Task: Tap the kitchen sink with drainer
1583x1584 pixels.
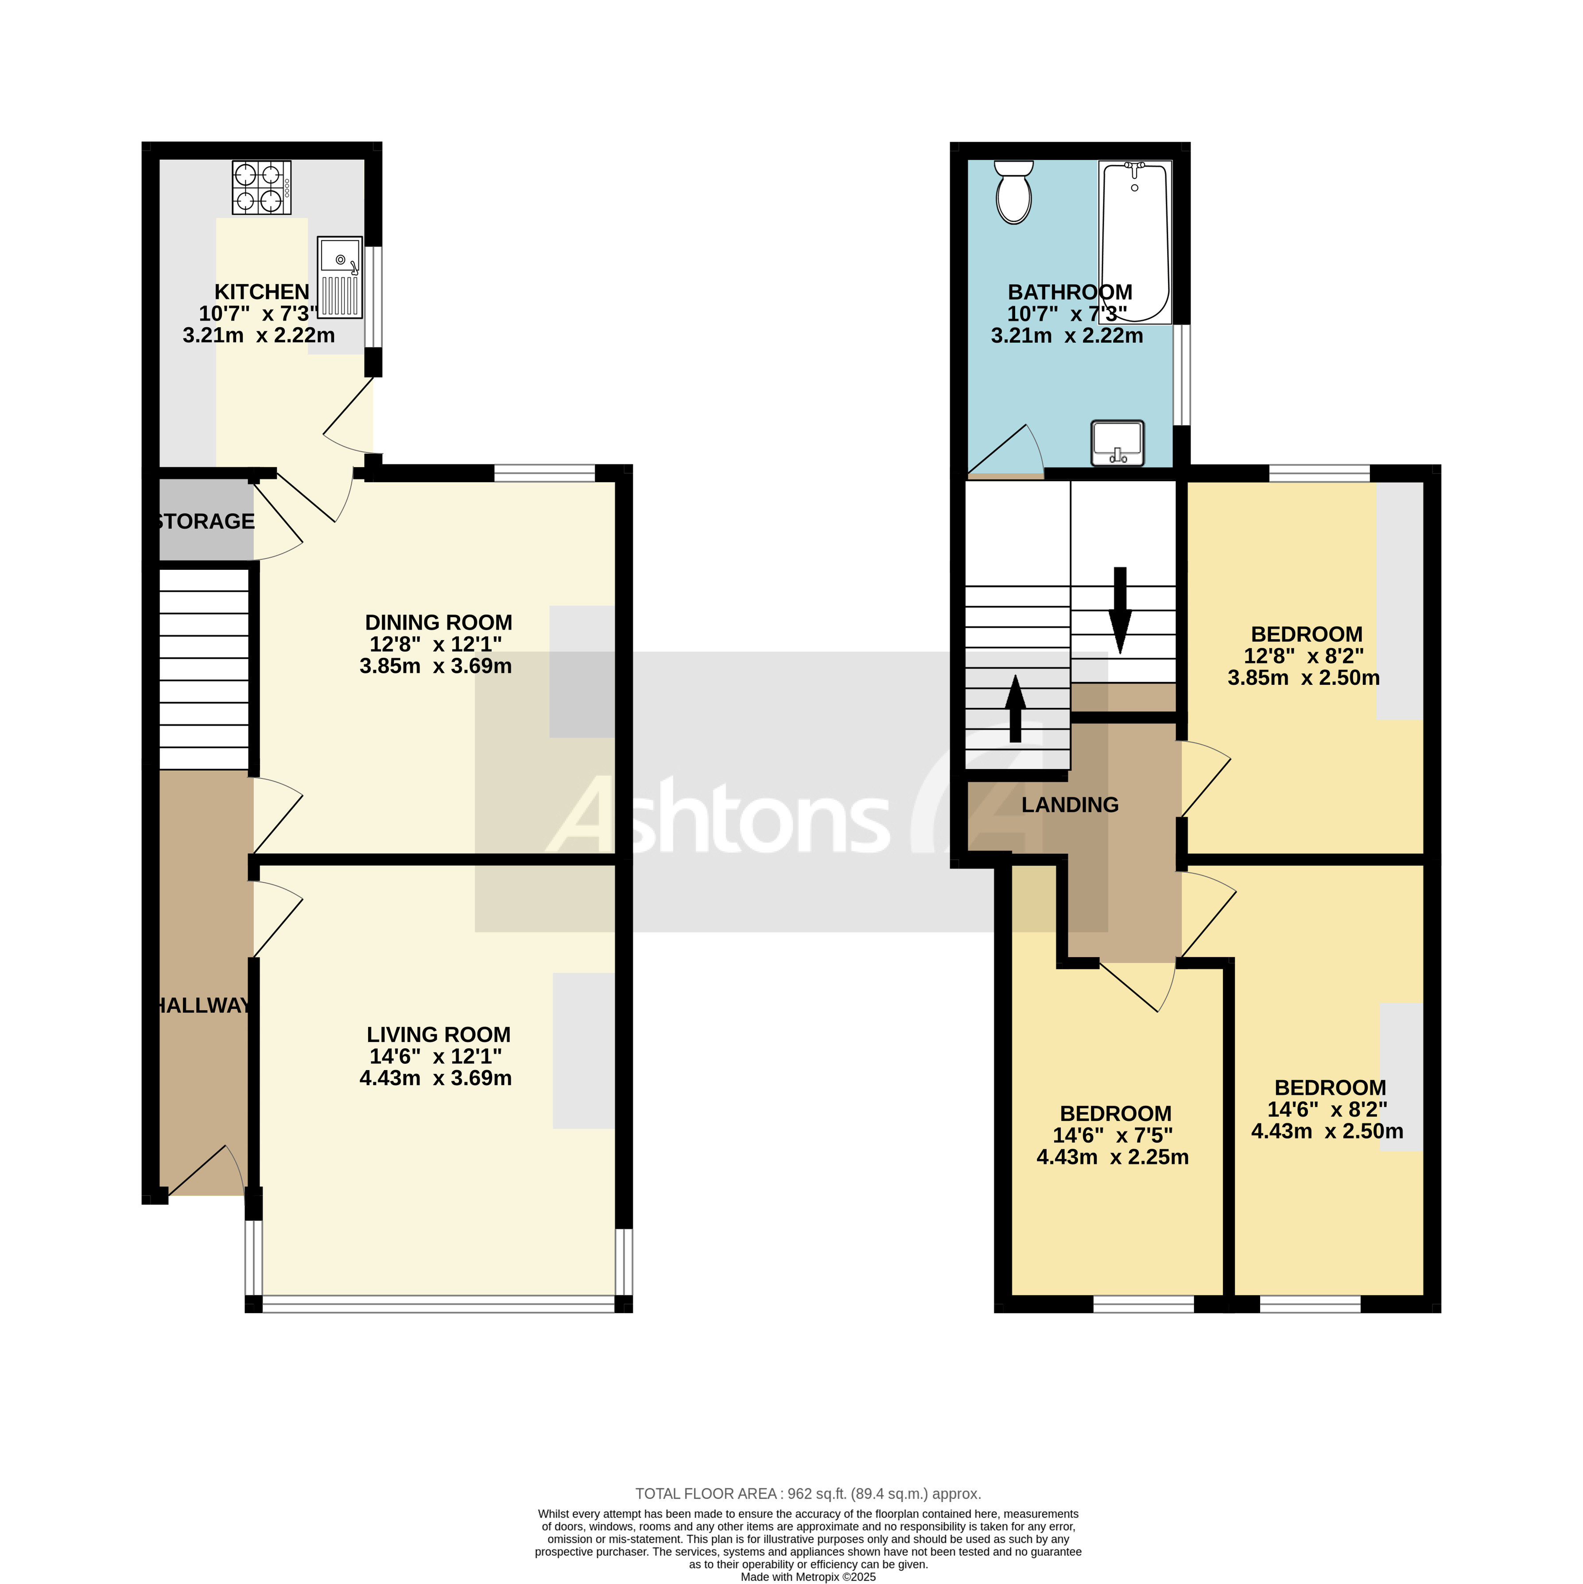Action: (340, 277)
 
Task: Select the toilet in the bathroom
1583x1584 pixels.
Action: (1014, 192)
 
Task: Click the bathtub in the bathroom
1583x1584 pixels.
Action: (1135, 242)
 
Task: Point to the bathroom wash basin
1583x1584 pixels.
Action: (1117, 443)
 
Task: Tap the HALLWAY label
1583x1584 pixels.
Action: (203, 1006)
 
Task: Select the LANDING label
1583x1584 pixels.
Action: (1070, 805)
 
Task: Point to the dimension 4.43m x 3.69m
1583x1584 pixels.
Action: (435, 1078)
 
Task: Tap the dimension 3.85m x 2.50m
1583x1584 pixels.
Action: (1304, 678)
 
